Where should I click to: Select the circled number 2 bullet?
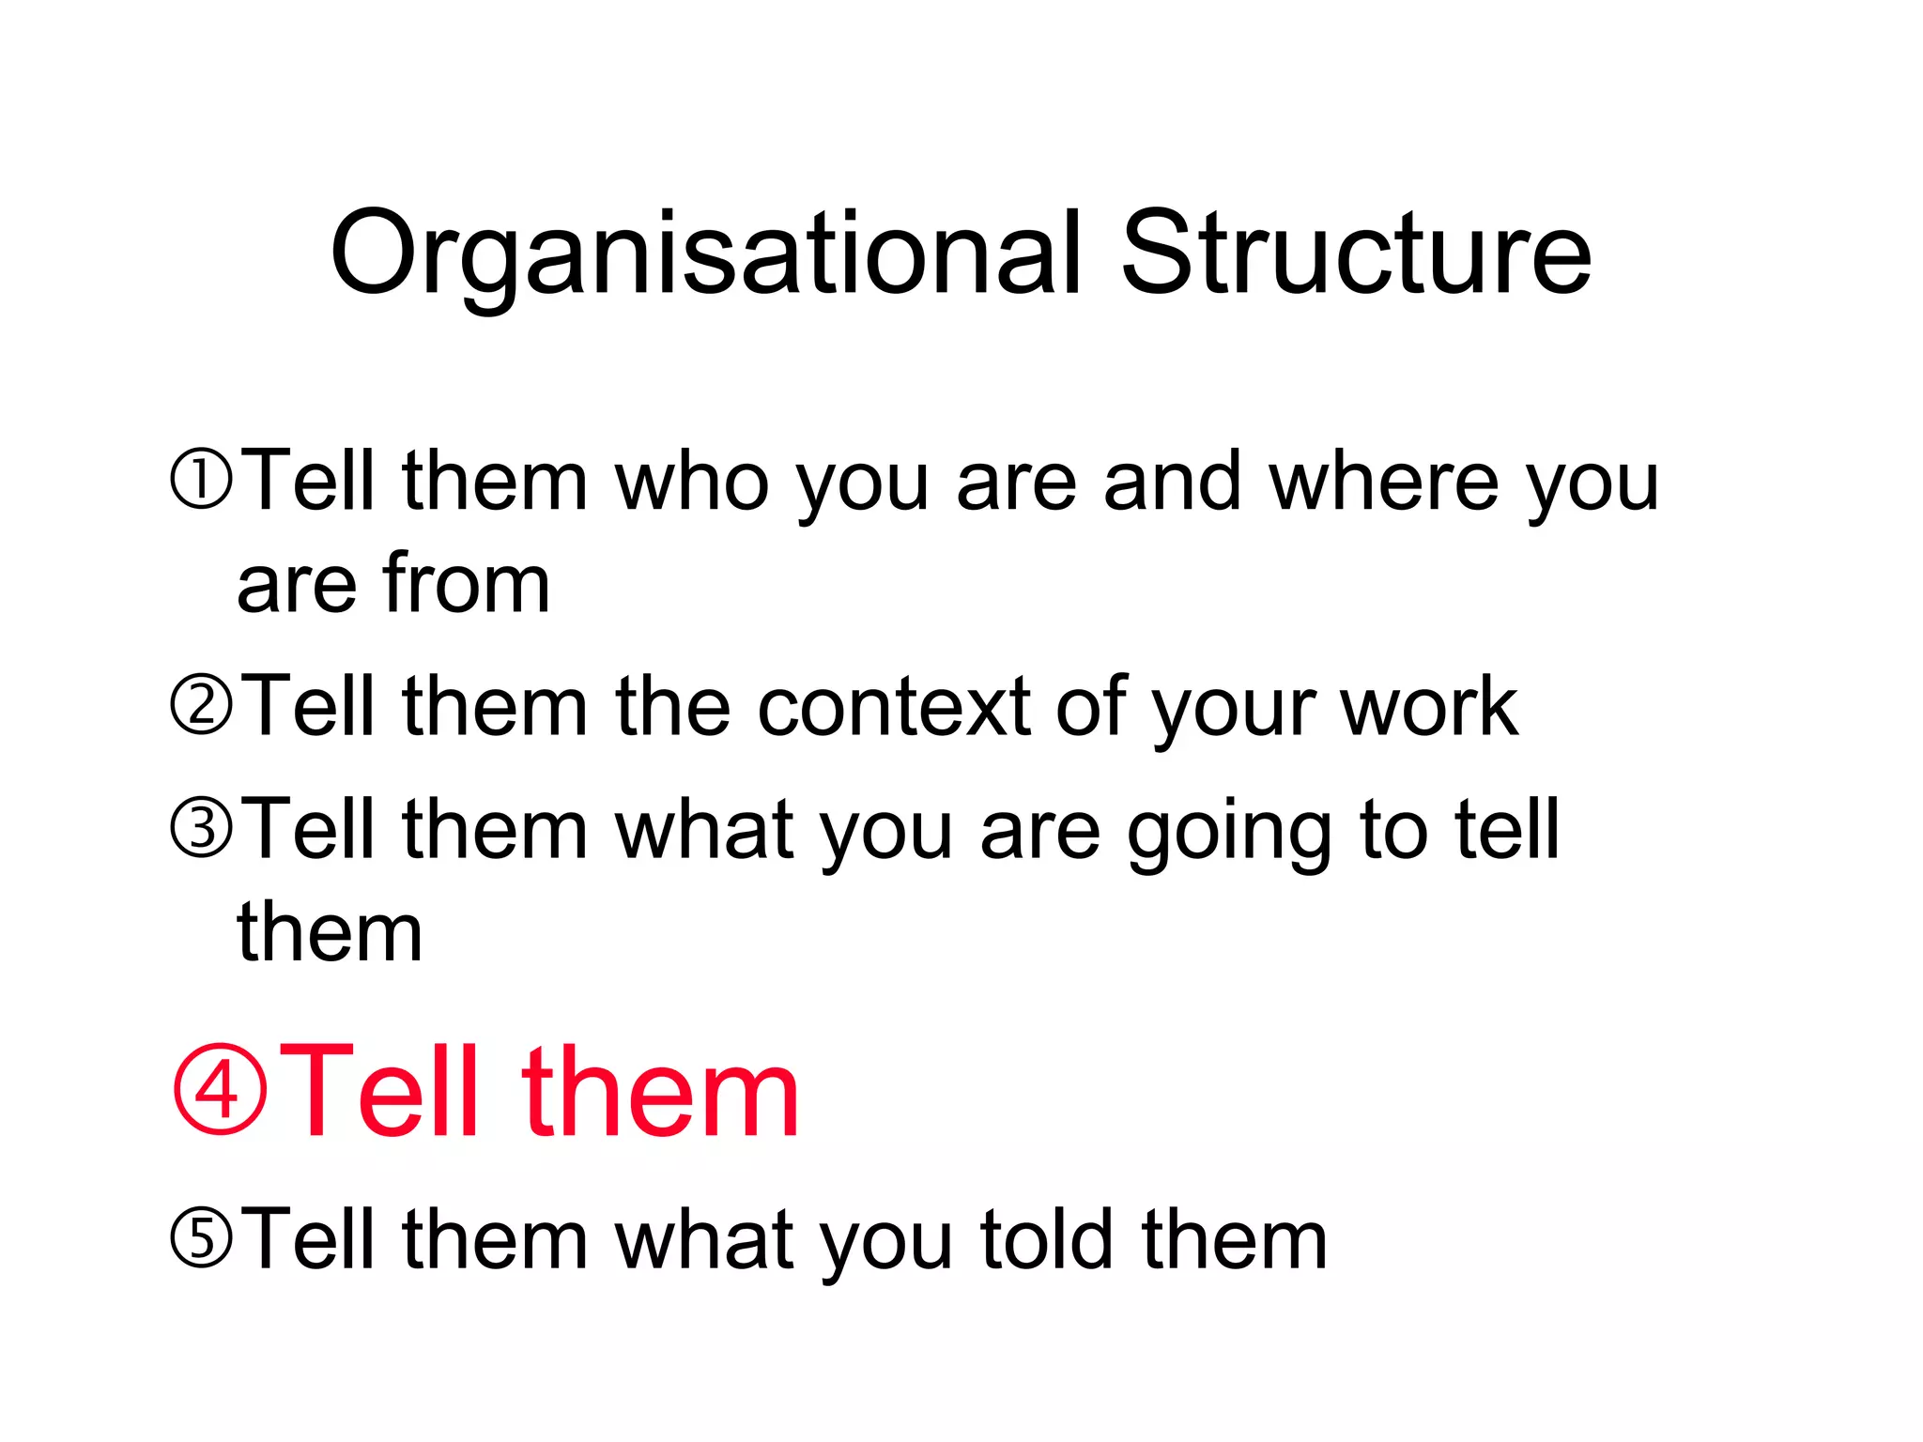point(200,706)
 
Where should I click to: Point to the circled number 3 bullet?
point(200,829)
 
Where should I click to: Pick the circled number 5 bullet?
point(200,1239)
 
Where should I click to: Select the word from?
point(467,584)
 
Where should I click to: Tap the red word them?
point(660,1092)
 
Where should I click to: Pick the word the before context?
point(672,706)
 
